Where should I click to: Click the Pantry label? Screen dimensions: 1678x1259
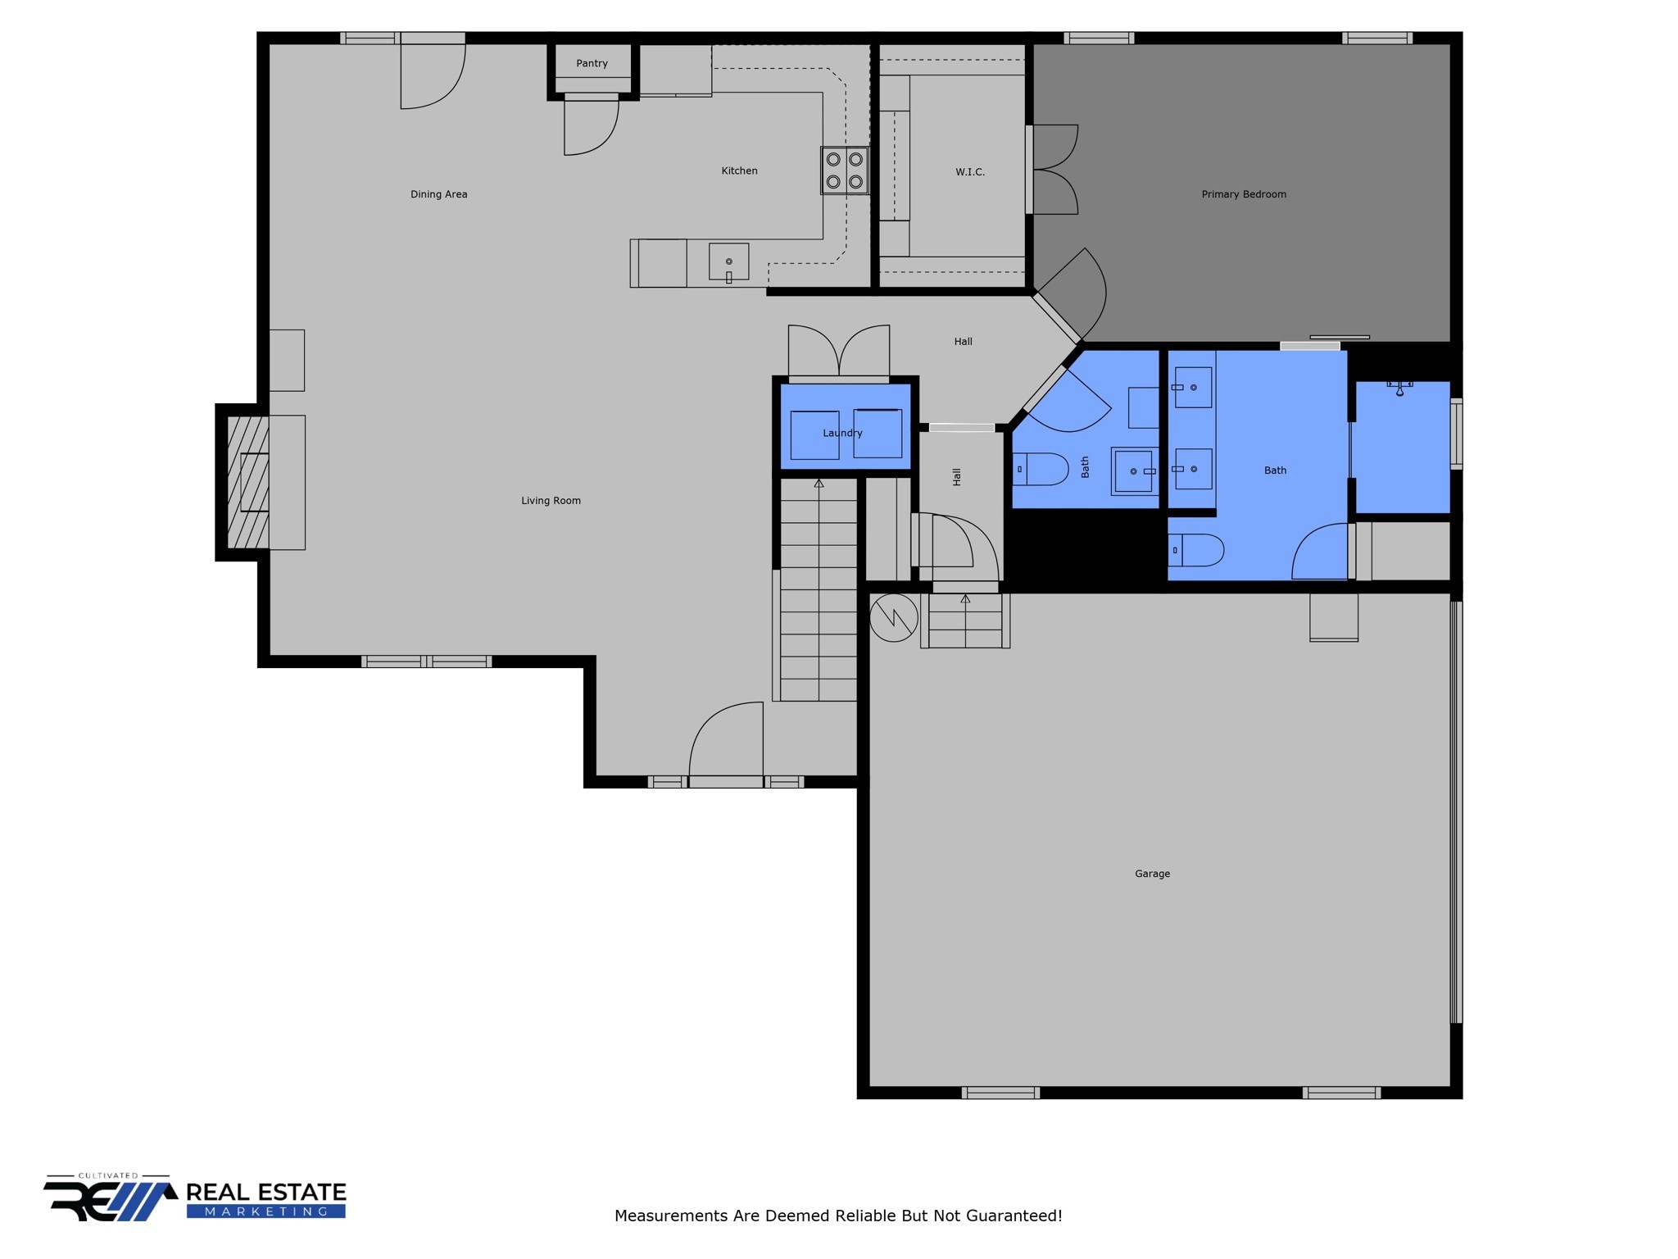tap(592, 64)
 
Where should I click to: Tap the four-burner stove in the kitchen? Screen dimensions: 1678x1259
tap(845, 170)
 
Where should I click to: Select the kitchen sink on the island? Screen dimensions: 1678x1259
tap(728, 262)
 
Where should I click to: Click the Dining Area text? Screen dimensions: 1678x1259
tap(438, 194)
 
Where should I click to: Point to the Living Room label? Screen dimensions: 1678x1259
tap(551, 501)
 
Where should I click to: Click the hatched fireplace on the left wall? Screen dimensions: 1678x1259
tap(247, 482)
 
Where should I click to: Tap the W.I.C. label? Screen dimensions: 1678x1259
tap(970, 172)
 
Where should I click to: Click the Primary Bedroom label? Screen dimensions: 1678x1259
tap(1244, 194)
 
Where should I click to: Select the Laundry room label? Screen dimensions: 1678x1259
tap(842, 433)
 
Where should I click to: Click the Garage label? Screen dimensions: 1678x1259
tap(1152, 874)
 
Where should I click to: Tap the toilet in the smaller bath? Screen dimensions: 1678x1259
tap(1041, 470)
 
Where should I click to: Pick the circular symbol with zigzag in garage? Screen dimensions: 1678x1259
tap(893, 617)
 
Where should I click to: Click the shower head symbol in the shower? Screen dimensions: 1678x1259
tap(1399, 387)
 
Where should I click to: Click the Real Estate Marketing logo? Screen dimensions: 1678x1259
tap(195, 1198)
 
